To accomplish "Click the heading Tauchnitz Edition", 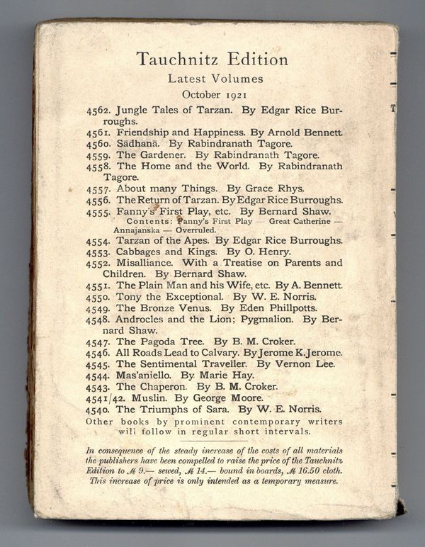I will click(212, 60).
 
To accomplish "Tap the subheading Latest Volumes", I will click(212, 79).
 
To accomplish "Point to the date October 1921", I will click(212, 94).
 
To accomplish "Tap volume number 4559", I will click(98, 154).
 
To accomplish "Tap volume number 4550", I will click(98, 297).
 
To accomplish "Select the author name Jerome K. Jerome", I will click(300, 352).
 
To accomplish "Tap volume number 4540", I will click(98, 409).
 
